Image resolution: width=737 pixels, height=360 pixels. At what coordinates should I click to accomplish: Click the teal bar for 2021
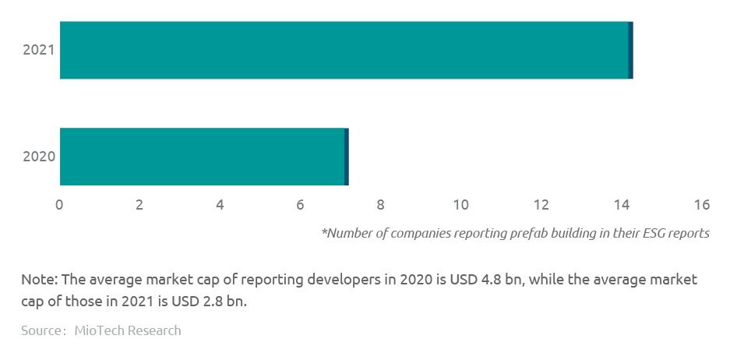pos(343,50)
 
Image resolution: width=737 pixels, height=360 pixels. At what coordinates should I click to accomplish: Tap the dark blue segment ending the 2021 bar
pos(630,50)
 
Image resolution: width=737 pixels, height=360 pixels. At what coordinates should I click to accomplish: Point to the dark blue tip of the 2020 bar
pos(347,157)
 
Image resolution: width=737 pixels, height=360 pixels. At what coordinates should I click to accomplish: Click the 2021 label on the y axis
pos(38,51)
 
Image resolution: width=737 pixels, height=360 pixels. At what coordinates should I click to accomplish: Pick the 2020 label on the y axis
pos(38,157)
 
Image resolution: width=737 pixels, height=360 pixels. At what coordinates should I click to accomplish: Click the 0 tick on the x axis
pos(59,205)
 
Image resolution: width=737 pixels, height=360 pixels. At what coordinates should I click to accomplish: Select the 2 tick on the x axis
pos(139,205)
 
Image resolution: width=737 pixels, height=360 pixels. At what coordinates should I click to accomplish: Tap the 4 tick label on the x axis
pos(220,205)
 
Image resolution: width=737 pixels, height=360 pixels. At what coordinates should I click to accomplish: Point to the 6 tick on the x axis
pos(300,205)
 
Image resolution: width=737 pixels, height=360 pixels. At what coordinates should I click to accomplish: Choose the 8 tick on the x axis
pos(380,205)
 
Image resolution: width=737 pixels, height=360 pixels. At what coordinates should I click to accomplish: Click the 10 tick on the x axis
pos(460,205)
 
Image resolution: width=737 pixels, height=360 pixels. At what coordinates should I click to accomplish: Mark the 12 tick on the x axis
pos(541,205)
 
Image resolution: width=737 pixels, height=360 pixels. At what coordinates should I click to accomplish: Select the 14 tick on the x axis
pos(622,205)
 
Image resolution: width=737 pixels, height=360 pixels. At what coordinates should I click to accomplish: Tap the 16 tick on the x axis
pos(702,205)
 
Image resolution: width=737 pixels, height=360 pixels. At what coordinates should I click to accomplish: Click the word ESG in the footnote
pos(651,233)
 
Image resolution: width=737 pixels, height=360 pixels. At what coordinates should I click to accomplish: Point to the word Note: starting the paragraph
pos(38,280)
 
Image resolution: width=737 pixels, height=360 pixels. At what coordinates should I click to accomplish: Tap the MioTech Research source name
pos(128,330)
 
